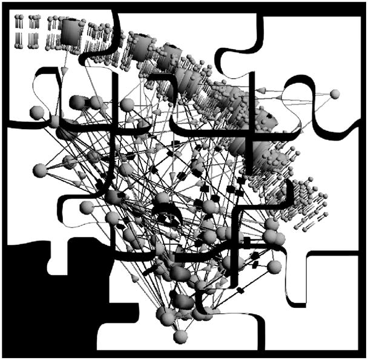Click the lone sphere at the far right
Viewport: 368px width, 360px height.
pos(335,93)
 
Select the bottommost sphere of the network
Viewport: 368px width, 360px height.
pos(180,336)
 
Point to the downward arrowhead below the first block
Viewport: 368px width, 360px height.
pos(64,71)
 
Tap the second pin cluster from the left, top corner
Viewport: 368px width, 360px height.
pos(33,30)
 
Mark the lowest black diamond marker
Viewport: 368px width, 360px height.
pos(240,292)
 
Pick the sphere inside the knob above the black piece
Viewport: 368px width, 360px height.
pos(86,207)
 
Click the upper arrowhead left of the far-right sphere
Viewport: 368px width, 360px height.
pos(261,90)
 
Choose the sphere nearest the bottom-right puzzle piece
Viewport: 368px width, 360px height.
pos(274,267)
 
